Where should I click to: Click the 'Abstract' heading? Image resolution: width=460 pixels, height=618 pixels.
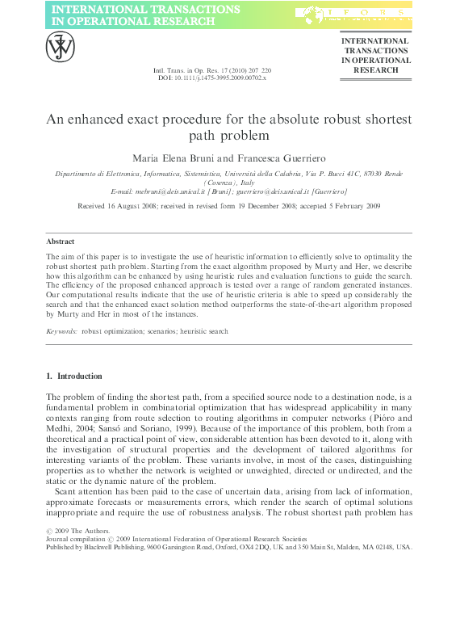(61, 242)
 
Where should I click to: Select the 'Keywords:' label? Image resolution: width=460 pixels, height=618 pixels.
(61, 331)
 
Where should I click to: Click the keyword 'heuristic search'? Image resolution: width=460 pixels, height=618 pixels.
(202, 331)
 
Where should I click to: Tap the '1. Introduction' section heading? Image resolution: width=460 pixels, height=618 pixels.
(74, 376)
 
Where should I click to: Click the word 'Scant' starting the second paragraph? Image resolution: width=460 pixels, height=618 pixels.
(67, 492)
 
